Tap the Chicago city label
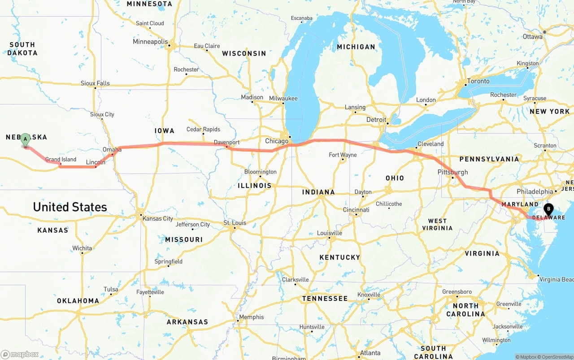(277, 141)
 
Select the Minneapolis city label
(150, 42)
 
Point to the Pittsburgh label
(452, 172)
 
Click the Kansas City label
(157, 218)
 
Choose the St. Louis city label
(235, 223)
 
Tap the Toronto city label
(478, 81)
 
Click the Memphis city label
(251, 317)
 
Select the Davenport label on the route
(226, 142)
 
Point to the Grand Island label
(61, 159)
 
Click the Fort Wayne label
(343, 155)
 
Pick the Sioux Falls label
(95, 83)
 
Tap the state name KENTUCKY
(339, 257)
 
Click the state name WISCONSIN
(244, 53)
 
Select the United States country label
(70, 207)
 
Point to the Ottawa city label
(532, 36)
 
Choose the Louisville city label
(329, 233)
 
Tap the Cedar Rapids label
(203, 129)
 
